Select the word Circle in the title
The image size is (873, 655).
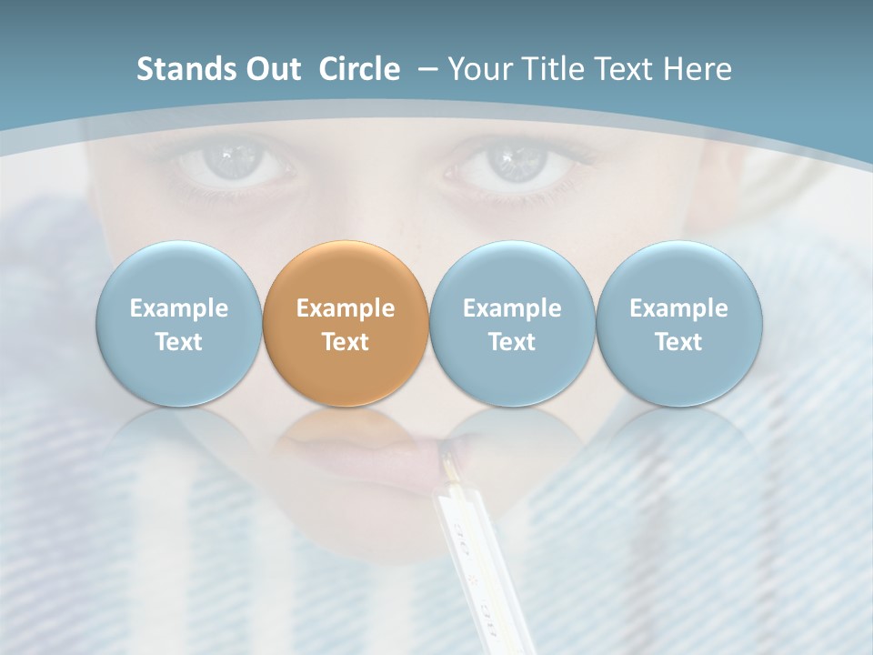click(359, 69)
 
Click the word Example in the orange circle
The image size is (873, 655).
click(346, 308)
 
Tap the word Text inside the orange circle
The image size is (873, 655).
click(346, 342)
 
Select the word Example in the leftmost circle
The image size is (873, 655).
click(179, 308)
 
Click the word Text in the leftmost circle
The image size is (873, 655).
click(179, 342)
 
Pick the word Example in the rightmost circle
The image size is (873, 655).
click(679, 308)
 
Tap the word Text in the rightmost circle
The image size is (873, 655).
click(679, 342)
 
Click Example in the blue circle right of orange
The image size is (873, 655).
click(512, 308)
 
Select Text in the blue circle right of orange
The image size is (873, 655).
click(512, 342)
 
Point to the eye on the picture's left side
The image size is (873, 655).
click(230, 162)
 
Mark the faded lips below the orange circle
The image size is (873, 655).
click(364, 450)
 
